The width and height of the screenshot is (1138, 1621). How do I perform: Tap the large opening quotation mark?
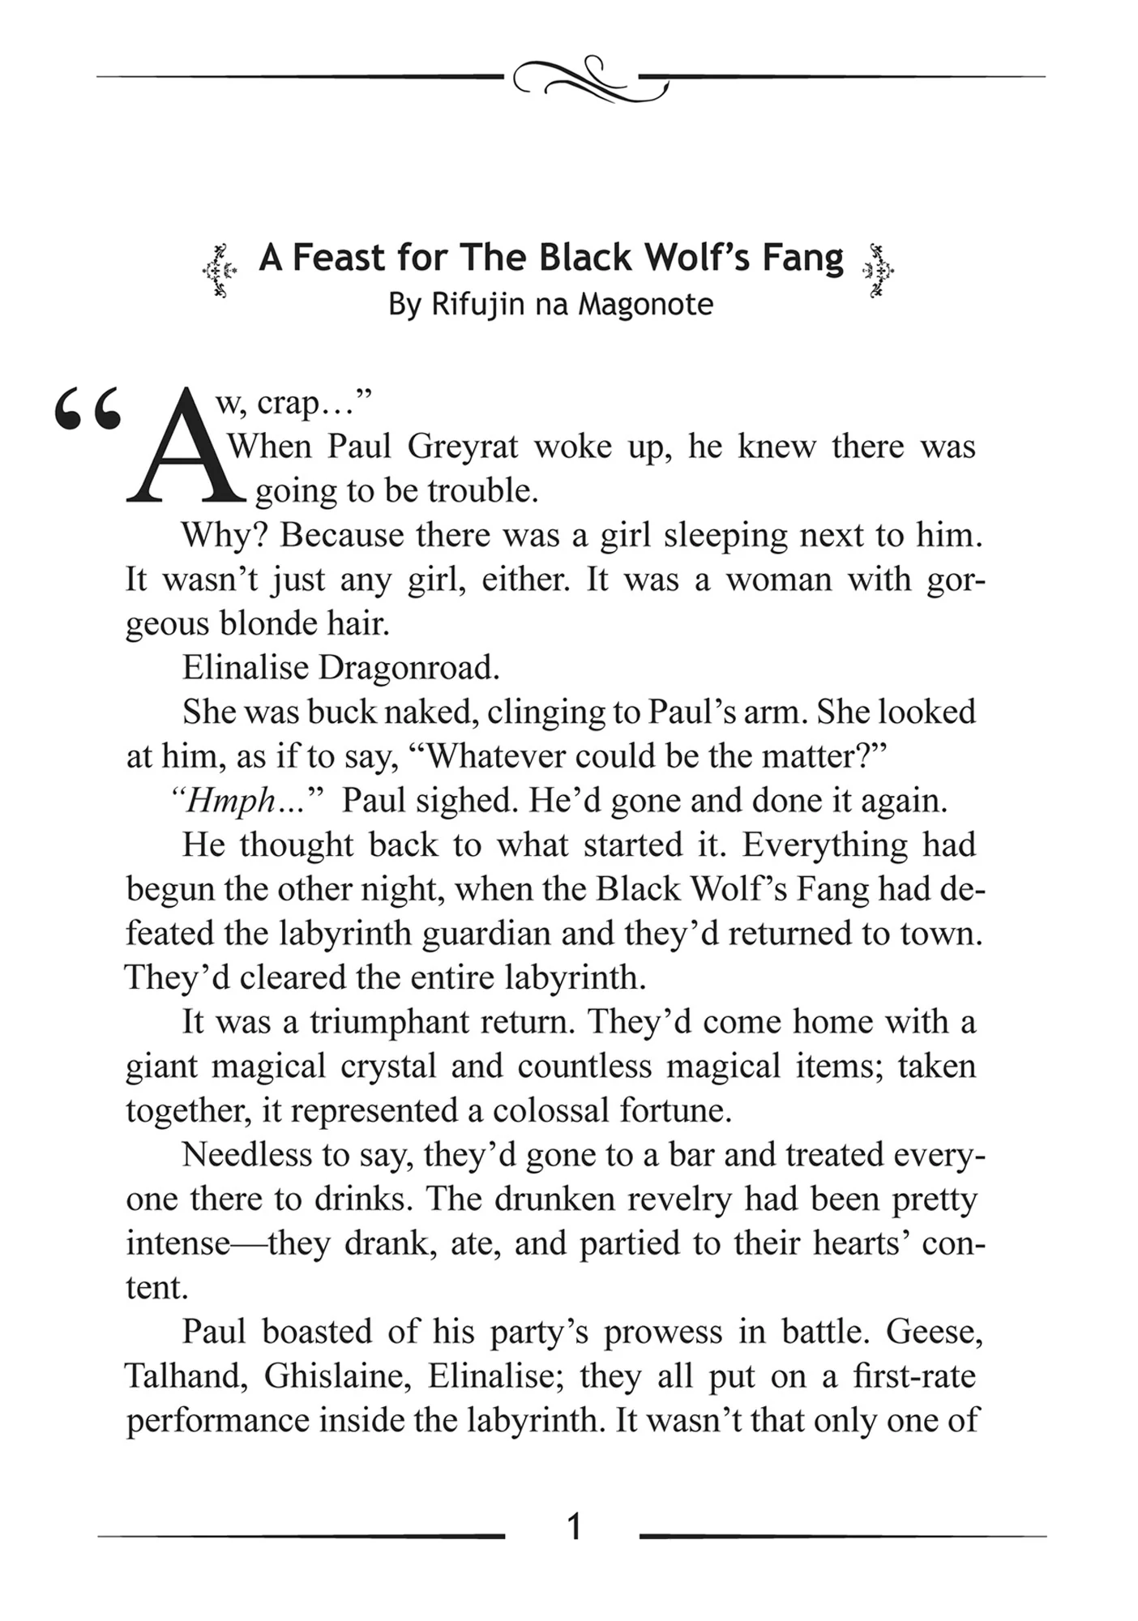pyautogui.click(x=88, y=409)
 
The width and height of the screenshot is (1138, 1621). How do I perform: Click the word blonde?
pyautogui.click(x=257, y=624)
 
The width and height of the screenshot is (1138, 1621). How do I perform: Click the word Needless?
pyautogui.click(x=242, y=1154)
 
